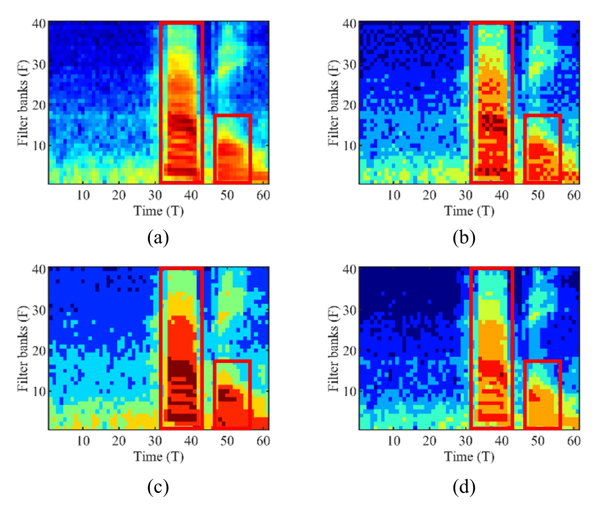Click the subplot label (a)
[158, 238]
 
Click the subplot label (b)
[464, 238]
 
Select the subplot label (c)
[158, 487]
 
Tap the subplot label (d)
[464, 487]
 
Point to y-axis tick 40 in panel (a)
[39, 23]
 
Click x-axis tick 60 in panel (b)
[574, 195]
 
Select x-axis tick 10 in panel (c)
[83, 441]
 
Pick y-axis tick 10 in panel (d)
[350, 391]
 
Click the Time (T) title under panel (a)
[158, 211]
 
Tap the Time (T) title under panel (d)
[469, 457]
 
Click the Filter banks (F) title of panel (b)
[333, 103]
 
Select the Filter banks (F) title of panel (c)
[22, 349]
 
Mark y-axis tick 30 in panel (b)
[350, 64]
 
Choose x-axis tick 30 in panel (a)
[155, 195]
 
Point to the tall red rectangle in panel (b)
[492, 102]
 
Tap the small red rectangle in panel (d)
[542, 394]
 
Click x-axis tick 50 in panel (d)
[538, 441]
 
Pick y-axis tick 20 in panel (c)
[39, 351]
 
